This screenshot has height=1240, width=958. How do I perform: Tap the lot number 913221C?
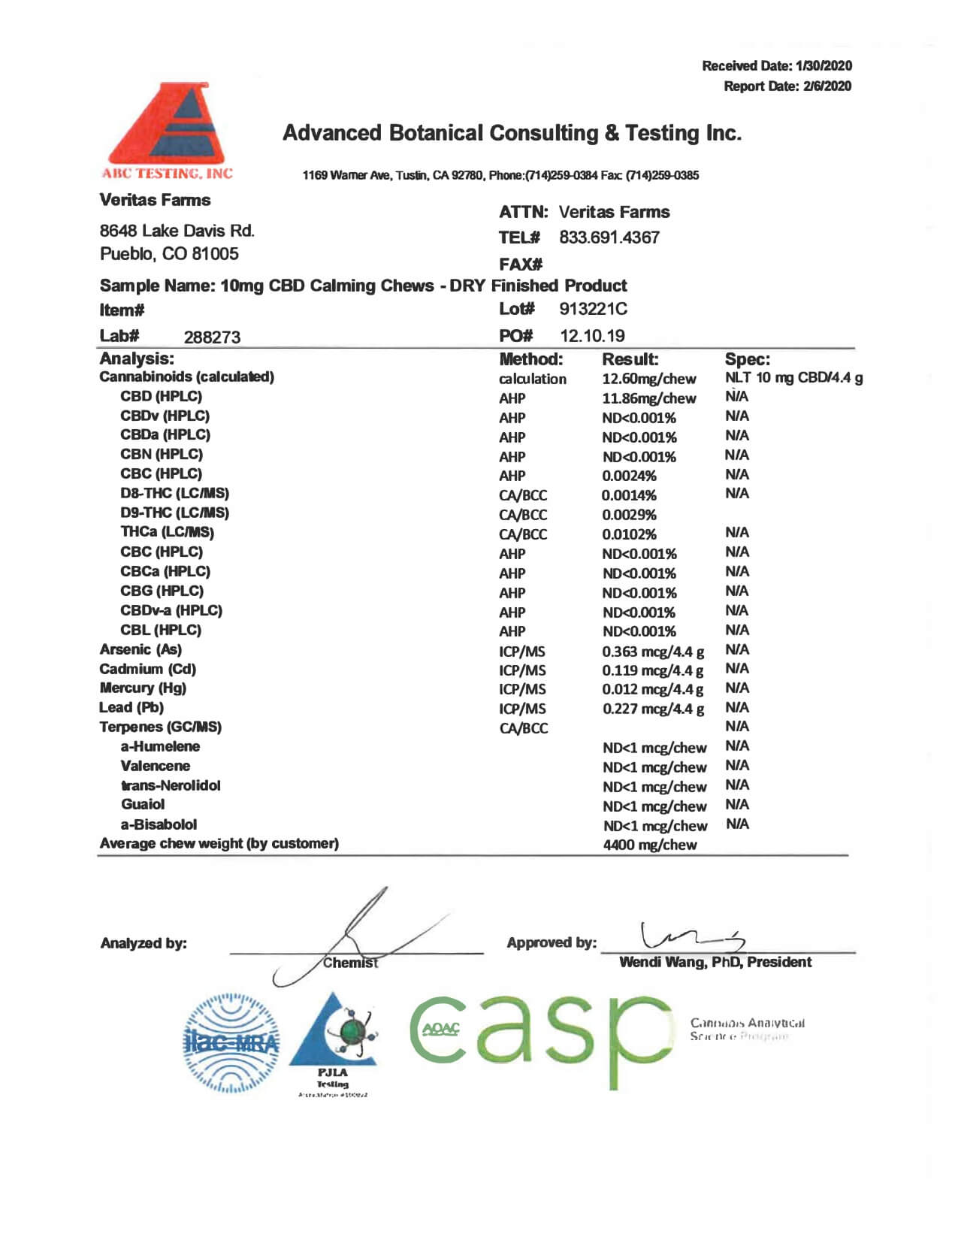(x=593, y=309)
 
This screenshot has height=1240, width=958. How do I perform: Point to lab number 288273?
(x=212, y=337)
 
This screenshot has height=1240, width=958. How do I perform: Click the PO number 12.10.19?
(x=592, y=336)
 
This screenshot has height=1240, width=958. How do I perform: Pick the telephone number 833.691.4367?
(x=609, y=237)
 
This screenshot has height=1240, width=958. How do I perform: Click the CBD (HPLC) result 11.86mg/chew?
(x=648, y=398)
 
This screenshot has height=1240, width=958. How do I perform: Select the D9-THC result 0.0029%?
(x=629, y=515)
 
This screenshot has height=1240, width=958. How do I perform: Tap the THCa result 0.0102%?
(x=629, y=534)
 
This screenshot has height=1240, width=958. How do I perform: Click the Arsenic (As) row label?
(x=141, y=649)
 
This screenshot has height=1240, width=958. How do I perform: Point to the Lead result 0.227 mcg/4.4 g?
(x=653, y=709)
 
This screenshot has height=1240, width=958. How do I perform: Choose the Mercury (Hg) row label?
(x=143, y=688)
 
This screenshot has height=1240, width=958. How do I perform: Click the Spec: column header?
(x=747, y=359)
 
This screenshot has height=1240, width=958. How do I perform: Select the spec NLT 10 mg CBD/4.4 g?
(x=793, y=378)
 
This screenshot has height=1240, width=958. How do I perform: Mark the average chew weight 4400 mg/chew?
(x=650, y=845)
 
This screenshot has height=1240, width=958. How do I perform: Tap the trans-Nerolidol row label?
(x=171, y=785)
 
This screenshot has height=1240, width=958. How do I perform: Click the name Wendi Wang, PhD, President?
(x=715, y=962)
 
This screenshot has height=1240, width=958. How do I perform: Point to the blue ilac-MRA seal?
(x=231, y=1042)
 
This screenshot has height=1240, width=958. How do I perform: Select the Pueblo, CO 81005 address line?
(x=169, y=254)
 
